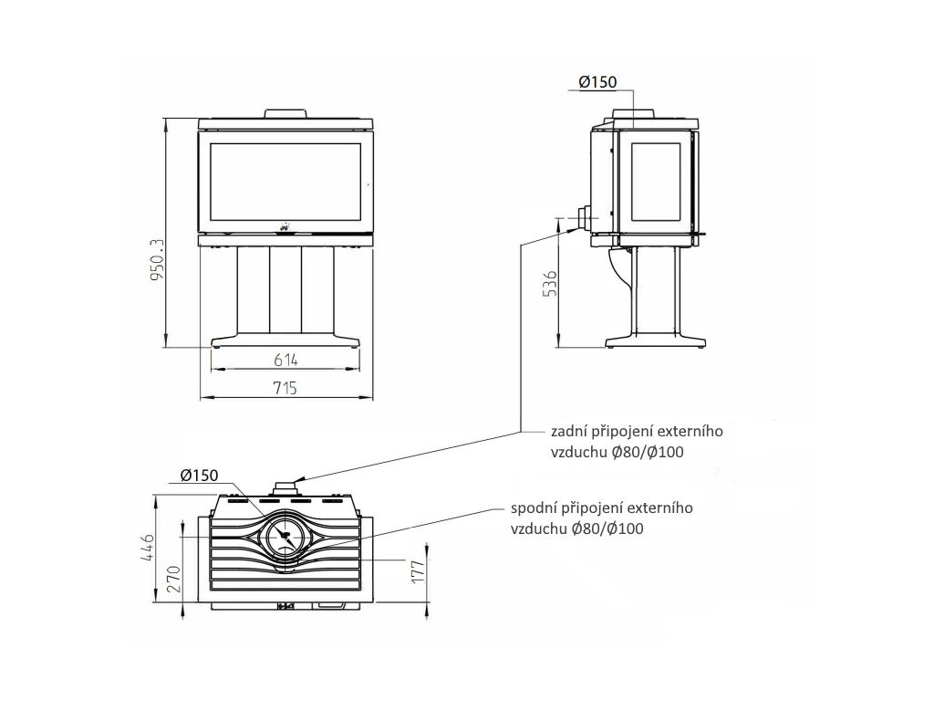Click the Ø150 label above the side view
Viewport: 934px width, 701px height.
[598, 82]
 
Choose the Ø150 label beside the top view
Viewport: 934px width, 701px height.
[198, 475]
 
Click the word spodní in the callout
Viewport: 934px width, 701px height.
[532, 508]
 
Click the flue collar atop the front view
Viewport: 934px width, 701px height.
[286, 114]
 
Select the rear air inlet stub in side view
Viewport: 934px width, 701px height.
[581, 219]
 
